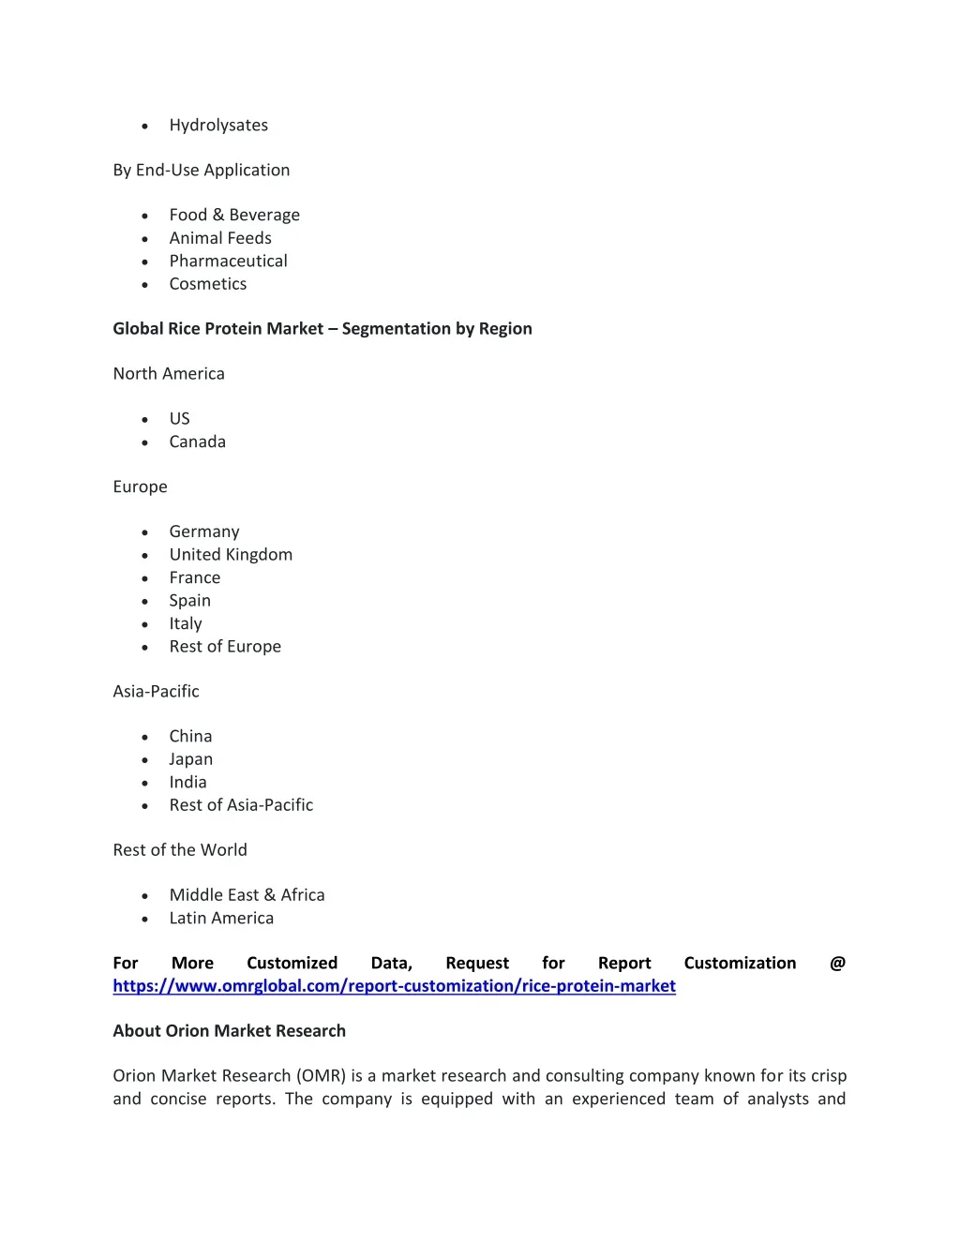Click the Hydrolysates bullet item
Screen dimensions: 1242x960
tap(218, 126)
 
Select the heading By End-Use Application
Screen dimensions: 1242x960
tap(202, 171)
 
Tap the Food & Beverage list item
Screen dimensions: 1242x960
tap(234, 216)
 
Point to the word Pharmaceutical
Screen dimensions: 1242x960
tap(228, 262)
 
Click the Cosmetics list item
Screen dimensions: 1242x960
tap(208, 284)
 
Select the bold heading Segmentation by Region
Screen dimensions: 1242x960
tap(322, 329)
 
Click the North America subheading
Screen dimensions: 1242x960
tap(169, 374)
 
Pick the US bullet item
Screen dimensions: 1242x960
tap(180, 419)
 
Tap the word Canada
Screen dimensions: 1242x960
tap(197, 442)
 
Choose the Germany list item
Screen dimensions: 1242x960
tap(204, 532)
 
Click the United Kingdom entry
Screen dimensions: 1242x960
tap(231, 555)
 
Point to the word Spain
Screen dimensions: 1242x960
tap(189, 601)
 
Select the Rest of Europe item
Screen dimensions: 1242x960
tap(225, 647)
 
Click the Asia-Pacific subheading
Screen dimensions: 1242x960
tap(156, 692)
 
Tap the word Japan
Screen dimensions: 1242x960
tap(190, 759)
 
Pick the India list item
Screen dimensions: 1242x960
tap(187, 783)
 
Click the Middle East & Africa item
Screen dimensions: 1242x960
tap(247, 895)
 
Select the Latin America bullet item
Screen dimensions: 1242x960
tap(221, 919)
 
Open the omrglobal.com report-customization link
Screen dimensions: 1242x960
tap(394, 986)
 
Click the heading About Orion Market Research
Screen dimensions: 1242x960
tap(229, 1031)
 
